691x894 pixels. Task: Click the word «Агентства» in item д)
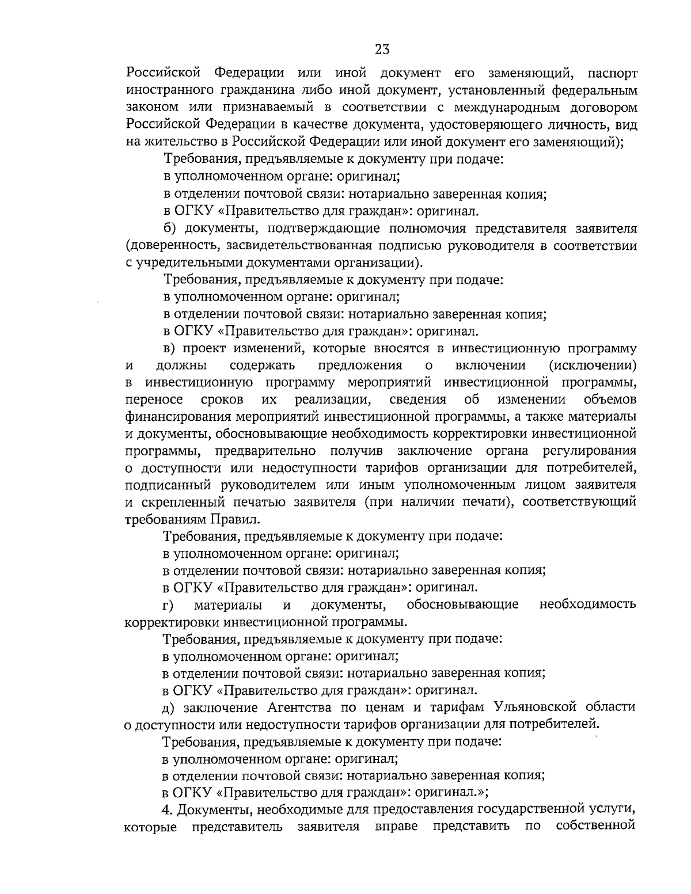click(x=296, y=707)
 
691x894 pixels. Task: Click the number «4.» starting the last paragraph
click(x=168, y=809)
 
